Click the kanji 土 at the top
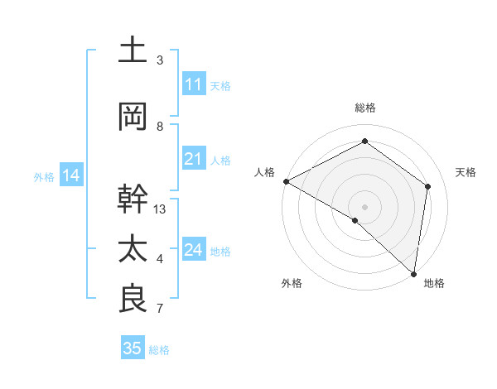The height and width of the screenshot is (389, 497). [x=133, y=51]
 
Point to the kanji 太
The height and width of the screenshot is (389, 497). [x=133, y=249]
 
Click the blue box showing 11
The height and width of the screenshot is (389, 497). [x=193, y=84]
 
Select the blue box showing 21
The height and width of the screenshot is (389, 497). [x=193, y=159]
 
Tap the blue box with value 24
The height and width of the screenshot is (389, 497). [x=193, y=250]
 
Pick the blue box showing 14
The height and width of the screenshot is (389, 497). [x=70, y=175]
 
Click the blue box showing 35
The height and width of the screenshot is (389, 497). [x=132, y=348]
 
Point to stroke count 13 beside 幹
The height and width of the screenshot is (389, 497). [x=160, y=209]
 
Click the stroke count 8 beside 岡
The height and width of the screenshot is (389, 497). [x=160, y=126]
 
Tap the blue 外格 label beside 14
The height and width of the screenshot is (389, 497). [x=44, y=176]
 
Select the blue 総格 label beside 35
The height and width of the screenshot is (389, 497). [x=159, y=349]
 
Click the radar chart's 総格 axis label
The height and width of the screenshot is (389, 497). [x=364, y=108]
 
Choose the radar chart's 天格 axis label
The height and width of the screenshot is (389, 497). [x=466, y=172]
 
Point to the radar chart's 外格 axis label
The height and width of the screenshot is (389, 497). [x=292, y=283]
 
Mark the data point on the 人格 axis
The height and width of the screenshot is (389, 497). [x=286, y=181]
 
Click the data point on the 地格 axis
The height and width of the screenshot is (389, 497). [x=413, y=273]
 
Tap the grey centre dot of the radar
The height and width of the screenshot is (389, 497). [x=364, y=206]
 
